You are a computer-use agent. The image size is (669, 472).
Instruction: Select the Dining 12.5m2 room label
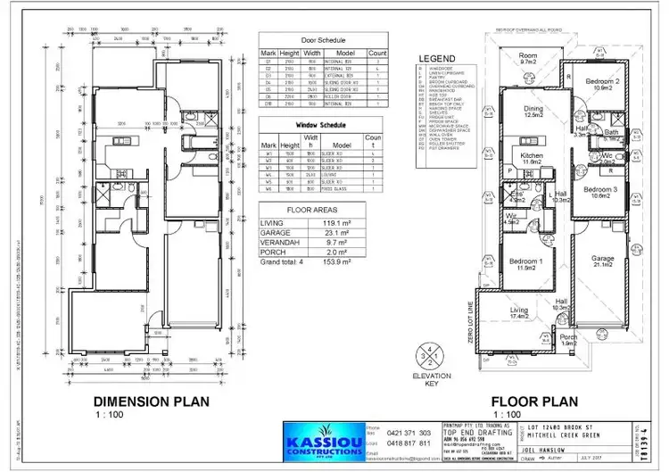point(533,111)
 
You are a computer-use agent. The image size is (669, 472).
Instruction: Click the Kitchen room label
point(533,158)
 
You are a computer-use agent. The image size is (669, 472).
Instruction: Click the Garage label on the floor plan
point(602,261)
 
